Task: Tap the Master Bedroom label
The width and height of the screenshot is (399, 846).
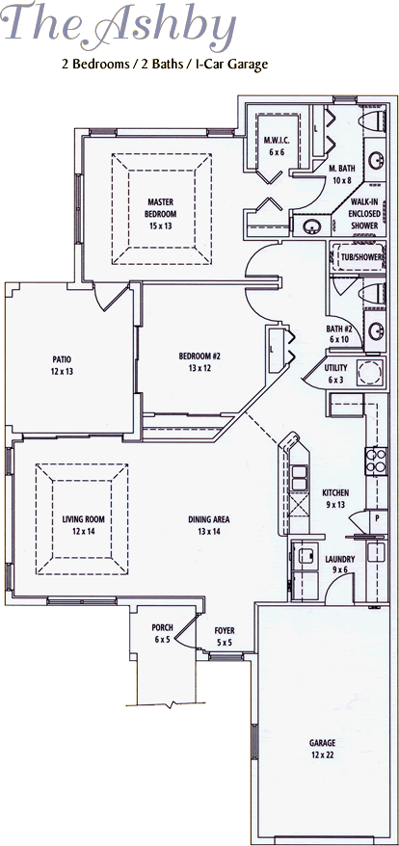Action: click(160, 214)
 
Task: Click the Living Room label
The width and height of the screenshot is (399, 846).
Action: click(83, 524)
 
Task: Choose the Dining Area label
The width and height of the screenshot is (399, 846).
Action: click(208, 524)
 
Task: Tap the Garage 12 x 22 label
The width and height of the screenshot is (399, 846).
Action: click(322, 749)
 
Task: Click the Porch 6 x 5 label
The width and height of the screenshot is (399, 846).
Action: click(162, 633)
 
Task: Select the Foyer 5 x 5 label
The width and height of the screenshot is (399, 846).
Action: click(224, 636)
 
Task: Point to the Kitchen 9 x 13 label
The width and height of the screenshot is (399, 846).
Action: click(335, 498)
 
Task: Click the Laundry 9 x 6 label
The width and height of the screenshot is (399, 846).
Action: click(340, 564)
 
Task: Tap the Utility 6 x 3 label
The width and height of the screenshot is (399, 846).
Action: click(335, 372)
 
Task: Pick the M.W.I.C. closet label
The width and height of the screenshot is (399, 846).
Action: click(277, 145)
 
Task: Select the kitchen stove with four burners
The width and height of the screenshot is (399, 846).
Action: click(376, 461)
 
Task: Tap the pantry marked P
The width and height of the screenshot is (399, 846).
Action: click(377, 516)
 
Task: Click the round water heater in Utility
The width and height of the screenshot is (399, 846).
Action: click(370, 372)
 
